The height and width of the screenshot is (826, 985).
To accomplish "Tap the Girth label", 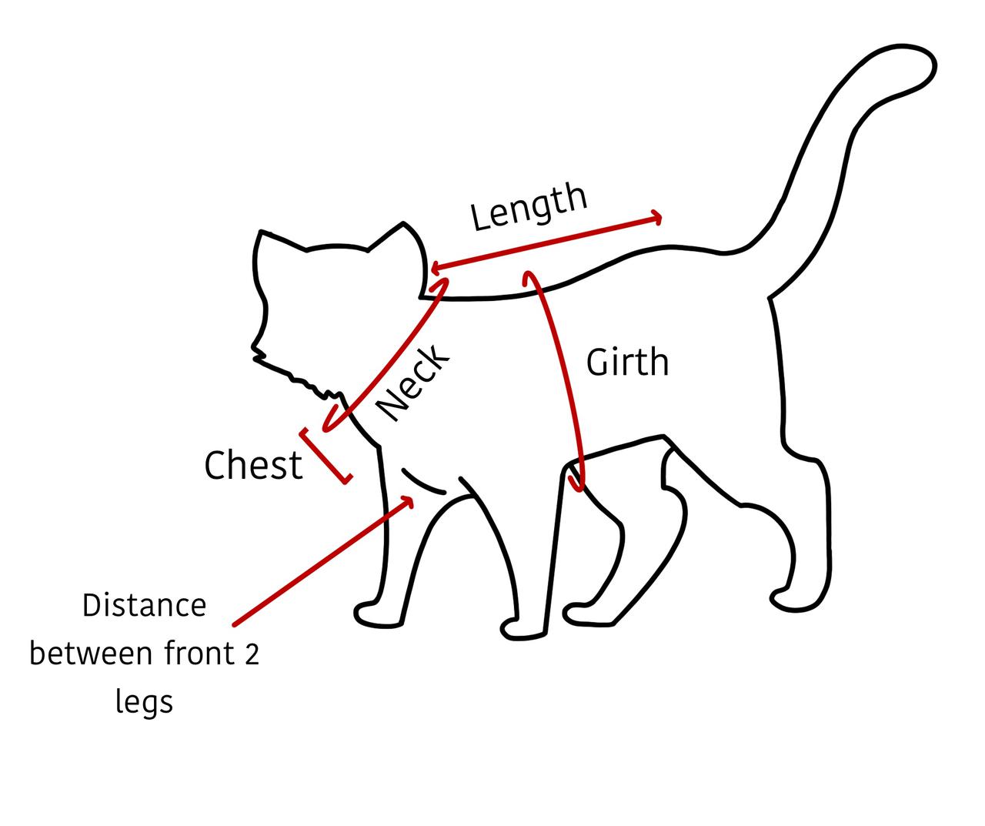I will (x=627, y=362).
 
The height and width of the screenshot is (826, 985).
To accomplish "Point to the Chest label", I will (x=253, y=466).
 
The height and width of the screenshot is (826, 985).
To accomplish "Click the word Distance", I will (x=145, y=605).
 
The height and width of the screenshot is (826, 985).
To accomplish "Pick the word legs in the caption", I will (x=145, y=701).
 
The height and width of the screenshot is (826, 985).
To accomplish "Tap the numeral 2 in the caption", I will (x=252, y=654).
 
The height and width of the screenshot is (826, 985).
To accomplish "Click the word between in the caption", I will (x=90, y=654).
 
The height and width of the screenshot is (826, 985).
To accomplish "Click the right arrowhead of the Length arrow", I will (x=656, y=218).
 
